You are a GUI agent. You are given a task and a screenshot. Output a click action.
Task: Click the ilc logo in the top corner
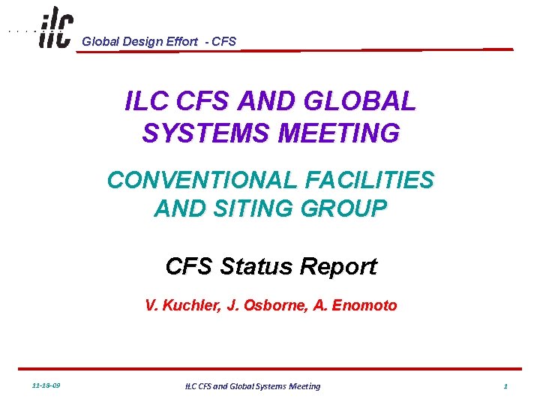point(55,28)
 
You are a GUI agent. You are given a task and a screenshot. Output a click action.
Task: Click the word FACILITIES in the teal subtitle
point(370,180)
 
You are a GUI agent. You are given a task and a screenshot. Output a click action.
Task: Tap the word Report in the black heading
point(338,266)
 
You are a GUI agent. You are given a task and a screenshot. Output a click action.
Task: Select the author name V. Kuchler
point(178,305)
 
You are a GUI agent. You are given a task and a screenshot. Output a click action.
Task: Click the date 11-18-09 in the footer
point(46,385)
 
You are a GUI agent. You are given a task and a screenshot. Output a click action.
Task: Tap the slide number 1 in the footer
point(505,385)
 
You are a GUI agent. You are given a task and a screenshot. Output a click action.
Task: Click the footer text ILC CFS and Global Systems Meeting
point(252,385)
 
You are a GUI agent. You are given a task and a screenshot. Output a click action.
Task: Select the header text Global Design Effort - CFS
point(159,41)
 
